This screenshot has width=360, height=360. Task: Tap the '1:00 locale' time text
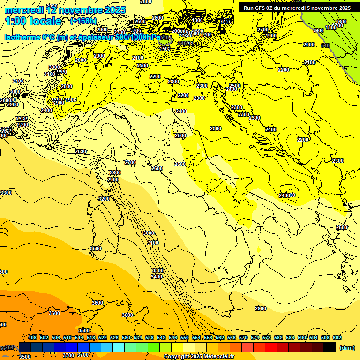pos(33,21)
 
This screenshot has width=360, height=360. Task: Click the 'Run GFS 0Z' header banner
pos(297,7)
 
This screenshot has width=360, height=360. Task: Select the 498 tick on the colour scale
pos(32,337)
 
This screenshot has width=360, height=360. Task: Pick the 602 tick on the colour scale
pos(337,337)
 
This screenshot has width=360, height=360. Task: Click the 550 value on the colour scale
pos(185,337)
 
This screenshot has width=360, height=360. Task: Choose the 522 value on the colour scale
pos(103,337)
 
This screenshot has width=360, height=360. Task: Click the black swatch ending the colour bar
pos(330,347)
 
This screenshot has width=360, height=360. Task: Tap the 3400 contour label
pos(157,277)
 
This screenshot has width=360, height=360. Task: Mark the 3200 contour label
pos(104,199)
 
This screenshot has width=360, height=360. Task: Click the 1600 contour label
pos(341,22)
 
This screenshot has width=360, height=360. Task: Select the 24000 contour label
pos(287,195)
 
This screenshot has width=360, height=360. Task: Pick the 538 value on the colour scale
pos(150,337)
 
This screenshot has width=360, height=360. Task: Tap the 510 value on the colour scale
pos(67,337)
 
